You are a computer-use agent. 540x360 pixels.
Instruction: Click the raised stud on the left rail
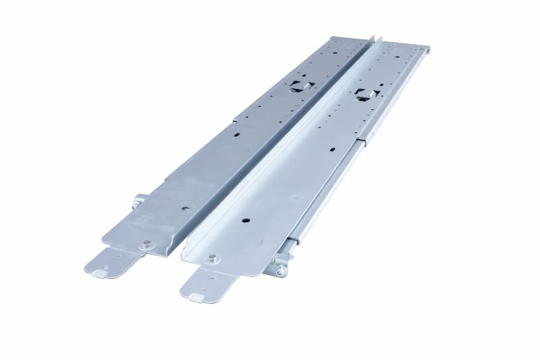(x=146, y=245)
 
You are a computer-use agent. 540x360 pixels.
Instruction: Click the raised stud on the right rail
(x=213, y=258)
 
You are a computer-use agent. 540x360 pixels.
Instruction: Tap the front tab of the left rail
(x=108, y=263)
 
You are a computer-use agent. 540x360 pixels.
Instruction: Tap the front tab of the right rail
(x=202, y=284)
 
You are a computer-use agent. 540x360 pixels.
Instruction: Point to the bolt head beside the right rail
(x=280, y=271)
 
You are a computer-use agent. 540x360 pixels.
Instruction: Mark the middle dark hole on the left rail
(x=236, y=134)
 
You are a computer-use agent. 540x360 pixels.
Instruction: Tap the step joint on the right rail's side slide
(x=365, y=140)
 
